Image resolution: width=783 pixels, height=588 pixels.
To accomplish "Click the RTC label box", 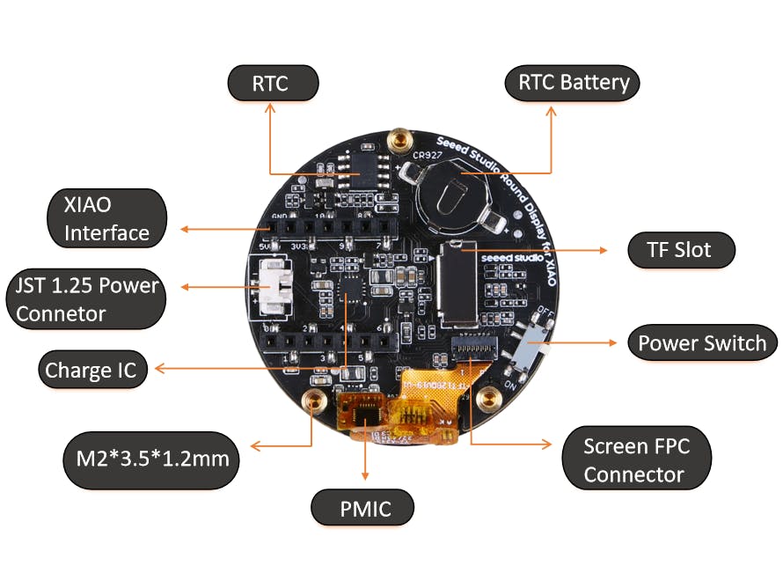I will tap(272, 84).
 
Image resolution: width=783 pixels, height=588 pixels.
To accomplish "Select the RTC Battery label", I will tap(574, 83).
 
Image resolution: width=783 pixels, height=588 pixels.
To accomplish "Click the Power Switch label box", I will tap(702, 342).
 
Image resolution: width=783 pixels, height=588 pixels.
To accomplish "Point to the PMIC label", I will tap(364, 508).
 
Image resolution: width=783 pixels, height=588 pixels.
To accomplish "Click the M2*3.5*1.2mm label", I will tap(151, 459).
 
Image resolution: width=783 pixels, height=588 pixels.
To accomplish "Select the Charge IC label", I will tap(91, 370).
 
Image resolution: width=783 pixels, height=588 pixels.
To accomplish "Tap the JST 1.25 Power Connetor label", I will tap(86, 299).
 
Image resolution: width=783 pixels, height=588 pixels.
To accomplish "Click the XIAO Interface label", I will tap(106, 218).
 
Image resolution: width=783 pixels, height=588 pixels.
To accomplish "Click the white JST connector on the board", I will tap(275, 287).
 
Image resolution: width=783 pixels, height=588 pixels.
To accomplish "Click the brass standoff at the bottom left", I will tap(311, 401).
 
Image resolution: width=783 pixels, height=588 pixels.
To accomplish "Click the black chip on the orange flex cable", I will tap(365, 410).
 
